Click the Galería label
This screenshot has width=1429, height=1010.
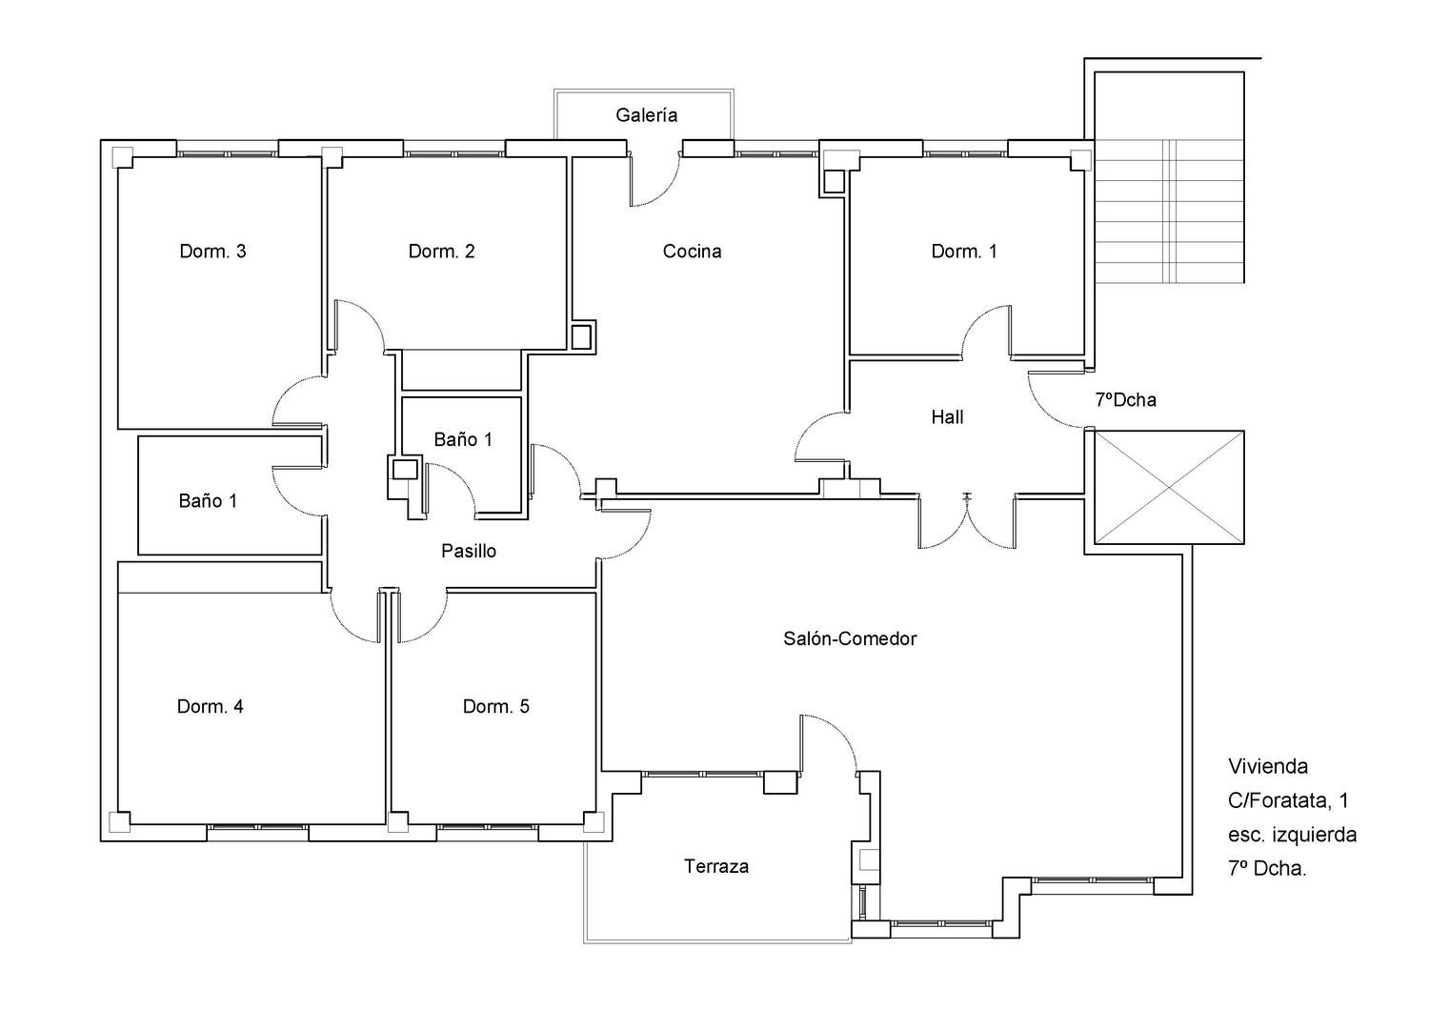pyautogui.click(x=646, y=115)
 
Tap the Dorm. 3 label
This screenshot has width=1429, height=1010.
pyautogui.click(x=212, y=252)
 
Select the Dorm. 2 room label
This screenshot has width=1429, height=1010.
pyautogui.click(x=441, y=252)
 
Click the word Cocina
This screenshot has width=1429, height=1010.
pyautogui.click(x=693, y=252)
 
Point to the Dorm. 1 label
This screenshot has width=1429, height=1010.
pyautogui.click(x=963, y=252)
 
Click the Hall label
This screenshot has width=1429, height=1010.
pyautogui.click(x=947, y=417)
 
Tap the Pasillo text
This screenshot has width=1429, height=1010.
pyautogui.click(x=469, y=551)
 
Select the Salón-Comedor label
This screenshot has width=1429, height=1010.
pyautogui.click(x=850, y=638)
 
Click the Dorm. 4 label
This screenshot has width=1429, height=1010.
pyautogui.click(x=210, y=706)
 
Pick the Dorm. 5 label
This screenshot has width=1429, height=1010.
pyautogui.click(x=495, y=706)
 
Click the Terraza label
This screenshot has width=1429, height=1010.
pyautogui.click(x=716, y=866)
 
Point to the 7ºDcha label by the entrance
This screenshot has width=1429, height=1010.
pyautogui.click(x=1126, y=400)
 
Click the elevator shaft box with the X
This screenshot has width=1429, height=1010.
pyautogui.click(x=1169, y=488)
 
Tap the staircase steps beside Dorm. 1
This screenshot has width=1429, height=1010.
pyautogui.click(x=1169, y=212)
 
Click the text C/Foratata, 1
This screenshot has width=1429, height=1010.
pyautogui.click(x=1288, y=800)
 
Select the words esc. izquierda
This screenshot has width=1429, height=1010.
pyautogui.click(x=1293, y=835)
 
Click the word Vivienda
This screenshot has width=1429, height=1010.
pyautogui.click(x=1268, y=766)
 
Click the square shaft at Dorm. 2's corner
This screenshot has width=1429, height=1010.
pyautogui.click(x=581, y=337)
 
